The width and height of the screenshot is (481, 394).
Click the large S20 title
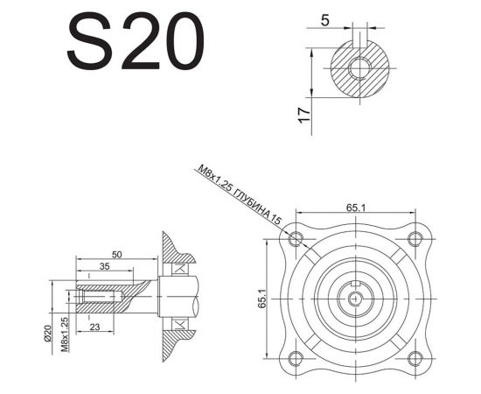(x=136, y=42)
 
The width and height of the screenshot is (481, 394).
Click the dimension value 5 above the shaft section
(x=325, y=18)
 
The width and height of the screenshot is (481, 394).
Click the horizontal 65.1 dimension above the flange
(x=355, y=208)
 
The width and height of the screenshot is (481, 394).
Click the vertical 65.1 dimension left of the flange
(x=261, y=298)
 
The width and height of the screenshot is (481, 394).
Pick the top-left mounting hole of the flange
(x=297, y=238)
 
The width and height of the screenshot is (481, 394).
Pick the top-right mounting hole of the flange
(x=415, y=238)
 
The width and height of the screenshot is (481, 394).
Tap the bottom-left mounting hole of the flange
(x=297, y=356)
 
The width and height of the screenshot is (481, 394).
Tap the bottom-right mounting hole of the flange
(x=415, y=356)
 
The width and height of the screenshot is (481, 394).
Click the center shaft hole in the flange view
(x=357, y=298)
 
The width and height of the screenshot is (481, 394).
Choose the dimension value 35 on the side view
(x=104, y=265)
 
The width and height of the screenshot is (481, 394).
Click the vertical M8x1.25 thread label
(x=66, y=332)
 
